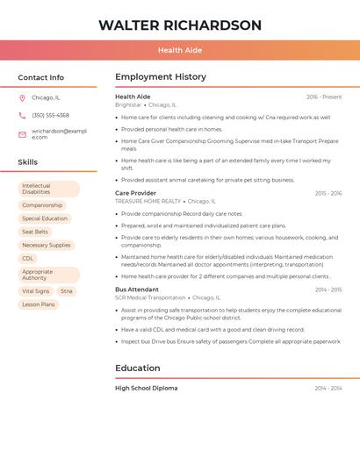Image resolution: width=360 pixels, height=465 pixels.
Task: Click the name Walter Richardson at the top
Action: pos(180,25)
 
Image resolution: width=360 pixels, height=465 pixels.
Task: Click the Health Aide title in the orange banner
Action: pos(179,51)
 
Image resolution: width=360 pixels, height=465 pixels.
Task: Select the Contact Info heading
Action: pos(41,77)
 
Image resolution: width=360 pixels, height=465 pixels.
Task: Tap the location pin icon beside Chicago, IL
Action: pos(22,97)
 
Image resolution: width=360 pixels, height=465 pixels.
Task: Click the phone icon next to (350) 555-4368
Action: pos(22,115)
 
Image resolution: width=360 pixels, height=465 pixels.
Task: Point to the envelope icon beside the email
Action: pos(22,134)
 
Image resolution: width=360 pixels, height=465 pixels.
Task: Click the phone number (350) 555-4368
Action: pos(50,115)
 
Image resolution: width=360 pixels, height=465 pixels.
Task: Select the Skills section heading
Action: pos(28,162)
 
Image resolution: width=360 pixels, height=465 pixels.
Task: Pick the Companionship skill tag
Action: pos(42,204)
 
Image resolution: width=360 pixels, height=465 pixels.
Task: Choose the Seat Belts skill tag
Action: pos(35,232)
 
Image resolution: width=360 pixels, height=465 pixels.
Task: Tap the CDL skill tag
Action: pos(28,258)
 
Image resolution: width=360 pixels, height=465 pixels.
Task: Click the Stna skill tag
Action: pos(67,290)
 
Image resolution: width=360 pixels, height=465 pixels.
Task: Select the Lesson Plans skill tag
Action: pos(39,304)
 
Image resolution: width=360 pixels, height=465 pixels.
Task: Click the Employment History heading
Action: pos(161,77)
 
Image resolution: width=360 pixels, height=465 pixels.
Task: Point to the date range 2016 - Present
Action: pos(324,97)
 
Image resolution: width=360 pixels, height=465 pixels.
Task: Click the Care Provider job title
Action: pos(135,193)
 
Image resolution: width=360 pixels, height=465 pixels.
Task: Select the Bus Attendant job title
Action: pos(137,290)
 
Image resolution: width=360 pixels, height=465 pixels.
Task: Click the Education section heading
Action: pos(138,368)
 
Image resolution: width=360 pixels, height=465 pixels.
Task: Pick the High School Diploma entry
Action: pos(146,388)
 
